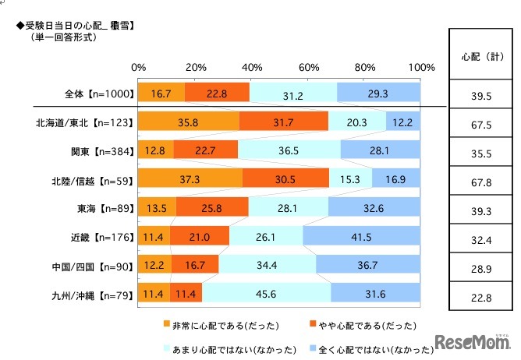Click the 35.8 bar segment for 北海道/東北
(x=188, y=122)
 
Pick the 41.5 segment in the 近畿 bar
(x=361, y=236)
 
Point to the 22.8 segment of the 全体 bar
(x=217, y=93)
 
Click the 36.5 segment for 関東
(x=289, y=150)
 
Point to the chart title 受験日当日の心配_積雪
(x=74, y=26)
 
